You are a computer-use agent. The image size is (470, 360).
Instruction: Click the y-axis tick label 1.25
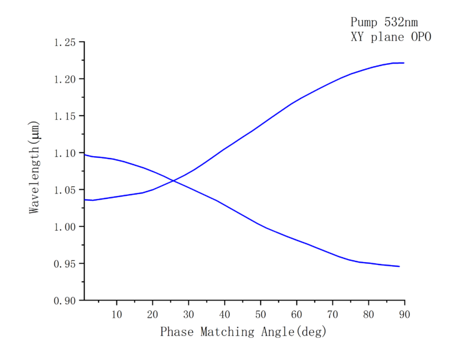point(65,43)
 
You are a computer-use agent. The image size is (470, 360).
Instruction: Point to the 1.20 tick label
point(65,80)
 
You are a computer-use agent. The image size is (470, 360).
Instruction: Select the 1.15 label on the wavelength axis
point(65,116)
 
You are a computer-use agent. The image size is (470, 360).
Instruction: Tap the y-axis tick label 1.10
point(65,153)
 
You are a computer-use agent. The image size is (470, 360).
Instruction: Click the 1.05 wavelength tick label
point(65,190)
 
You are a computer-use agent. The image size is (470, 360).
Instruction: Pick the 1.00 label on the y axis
point(65,227)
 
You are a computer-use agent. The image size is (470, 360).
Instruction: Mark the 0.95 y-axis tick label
point(65,264)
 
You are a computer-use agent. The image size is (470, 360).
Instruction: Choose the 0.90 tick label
point(65,301)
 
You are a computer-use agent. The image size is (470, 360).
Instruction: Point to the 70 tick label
point(332,314)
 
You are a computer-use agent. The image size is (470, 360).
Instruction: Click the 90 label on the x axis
point(404,314)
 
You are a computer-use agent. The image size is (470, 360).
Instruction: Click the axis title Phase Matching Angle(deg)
point(244,332)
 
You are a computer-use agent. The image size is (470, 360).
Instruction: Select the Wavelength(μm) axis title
point(34,167)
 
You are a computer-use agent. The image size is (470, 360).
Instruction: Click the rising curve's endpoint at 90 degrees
point(404,62)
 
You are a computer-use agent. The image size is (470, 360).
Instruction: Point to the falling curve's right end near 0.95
point(399,266)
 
